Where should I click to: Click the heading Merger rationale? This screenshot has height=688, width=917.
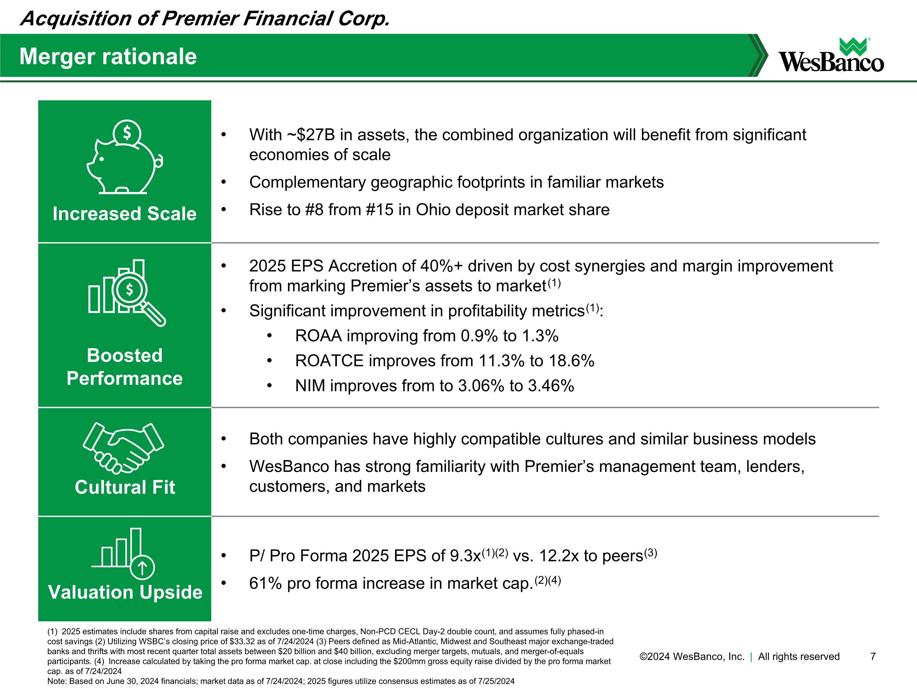(x=108, y=56)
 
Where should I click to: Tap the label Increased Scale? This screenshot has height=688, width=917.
(x=124, y=214)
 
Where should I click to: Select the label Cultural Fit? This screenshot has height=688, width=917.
(x=124, y=487)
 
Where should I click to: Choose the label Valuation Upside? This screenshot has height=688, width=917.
(x=125, y=592)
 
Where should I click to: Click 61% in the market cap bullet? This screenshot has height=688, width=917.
(x=265, y=583)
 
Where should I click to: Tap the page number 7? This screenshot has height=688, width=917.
(x=873, y=657)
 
